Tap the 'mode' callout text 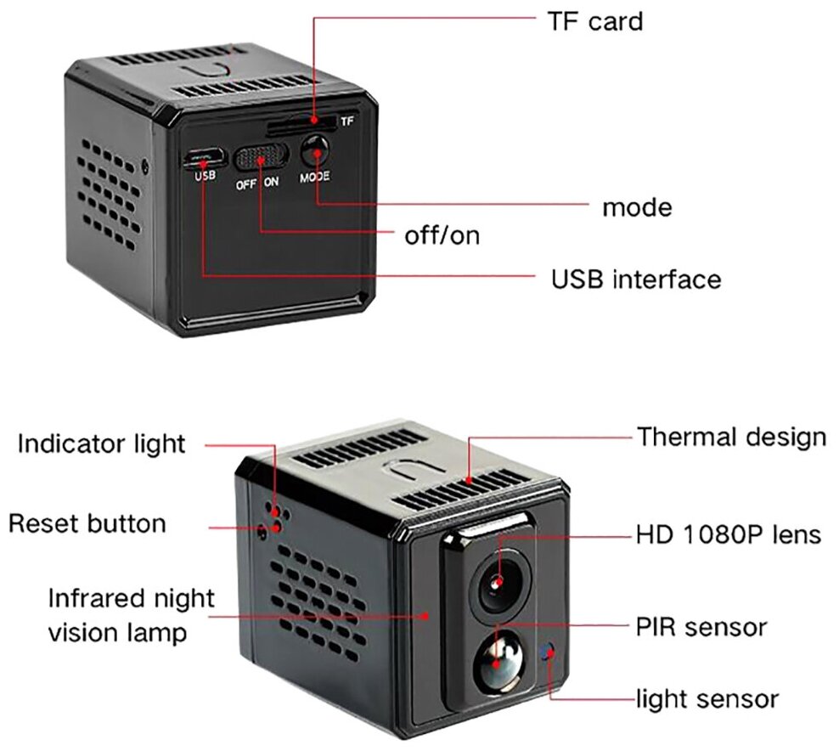click(636, 207)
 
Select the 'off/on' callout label click(442, 235)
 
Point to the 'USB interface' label click(635, 279)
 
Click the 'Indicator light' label click(101, 443)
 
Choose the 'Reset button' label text click(87, 522)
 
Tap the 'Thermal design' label click(731, 438)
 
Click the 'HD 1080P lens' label click(729, 535)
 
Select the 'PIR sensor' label click(701, 628)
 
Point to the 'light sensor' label click(707, 699)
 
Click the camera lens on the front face click(498, 583)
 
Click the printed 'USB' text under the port click(206, 177)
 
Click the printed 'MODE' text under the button click(314, 178)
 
